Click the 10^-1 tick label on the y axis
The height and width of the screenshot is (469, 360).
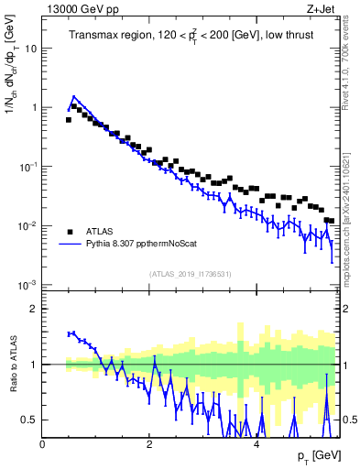click(x=27, y=166)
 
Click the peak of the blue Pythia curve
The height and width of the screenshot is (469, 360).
click(x=74, y=96)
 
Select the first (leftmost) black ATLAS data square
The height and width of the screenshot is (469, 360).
click(x=69, y=119)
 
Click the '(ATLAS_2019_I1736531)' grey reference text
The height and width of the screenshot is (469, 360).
click(x=191, y=274)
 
